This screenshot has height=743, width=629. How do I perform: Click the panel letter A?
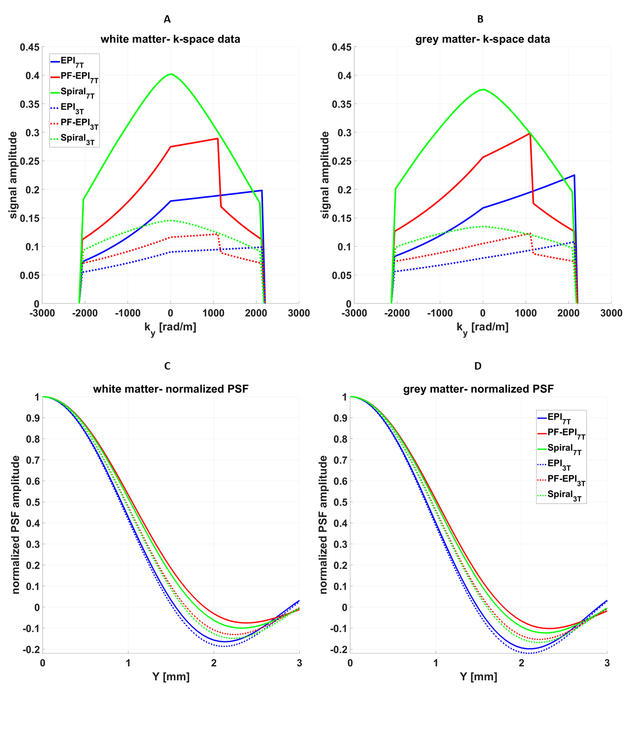pos(167,19)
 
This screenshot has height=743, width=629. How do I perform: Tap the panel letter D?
pos(478,366)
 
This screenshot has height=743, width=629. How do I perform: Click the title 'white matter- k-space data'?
pos(171,39)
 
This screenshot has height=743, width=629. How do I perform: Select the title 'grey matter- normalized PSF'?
pos(478,389)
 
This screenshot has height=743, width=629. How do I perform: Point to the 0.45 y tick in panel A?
pos(29,47)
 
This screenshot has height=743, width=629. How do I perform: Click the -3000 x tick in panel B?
pos(354,314)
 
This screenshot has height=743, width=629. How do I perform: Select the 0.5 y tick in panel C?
pos(33,502)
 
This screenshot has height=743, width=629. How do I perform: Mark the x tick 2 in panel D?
pos(521,663)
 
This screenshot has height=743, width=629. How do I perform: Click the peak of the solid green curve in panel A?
pos(171,74)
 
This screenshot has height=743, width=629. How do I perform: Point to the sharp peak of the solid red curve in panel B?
pos(529,134)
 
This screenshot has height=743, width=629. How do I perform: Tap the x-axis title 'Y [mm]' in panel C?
pos(171,677)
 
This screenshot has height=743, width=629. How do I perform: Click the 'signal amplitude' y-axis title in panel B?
pos(325,175)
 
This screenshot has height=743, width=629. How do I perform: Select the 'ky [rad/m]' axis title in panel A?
pos(170,328)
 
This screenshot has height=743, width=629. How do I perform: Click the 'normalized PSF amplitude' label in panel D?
pos(323,524)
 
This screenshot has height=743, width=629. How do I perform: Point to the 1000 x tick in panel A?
pos(213,314)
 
